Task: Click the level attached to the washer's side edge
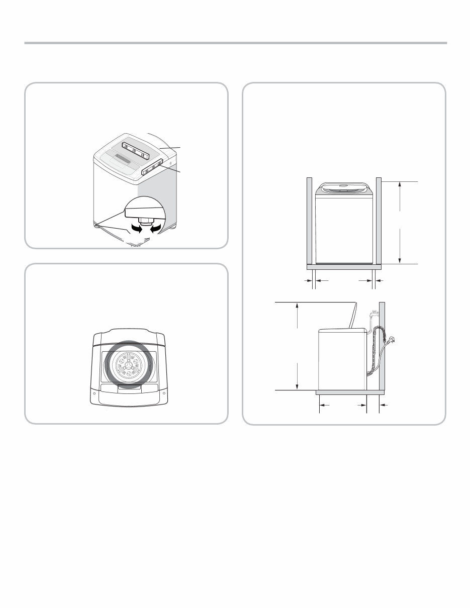coord(152,167)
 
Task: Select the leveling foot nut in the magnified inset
coord(146,220)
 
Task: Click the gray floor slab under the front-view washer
coord(344,267)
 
